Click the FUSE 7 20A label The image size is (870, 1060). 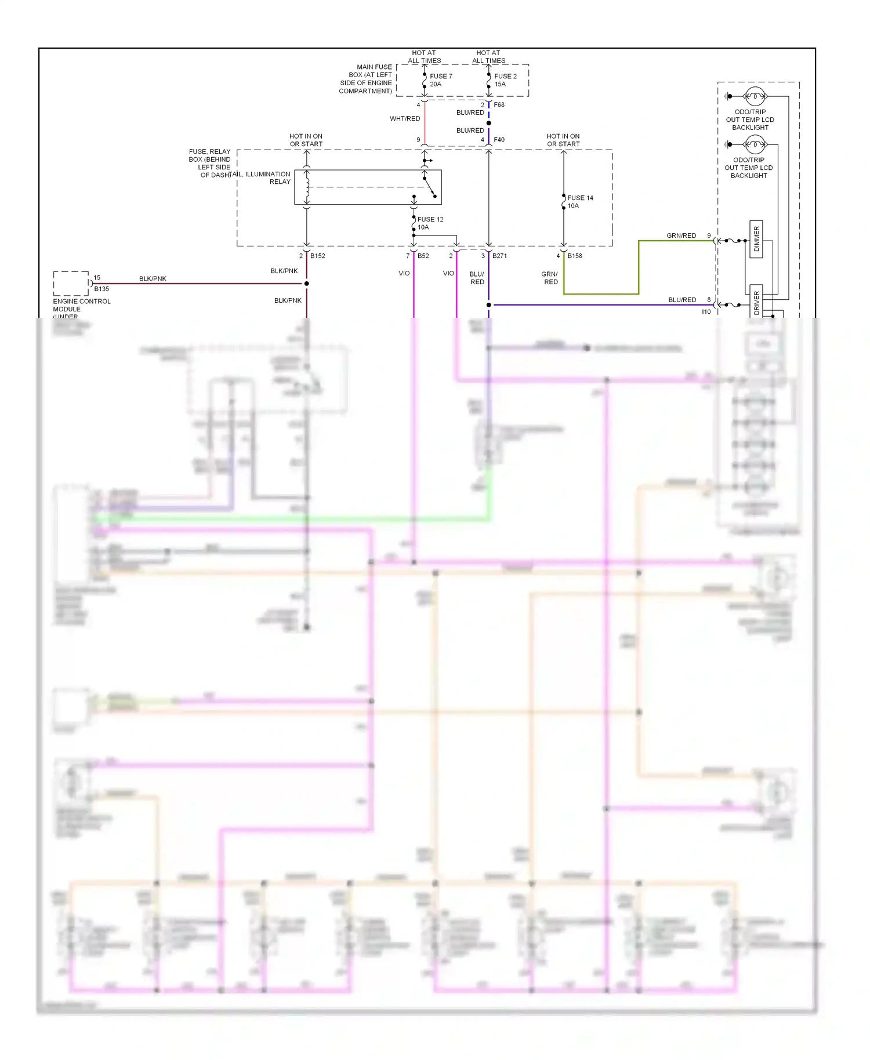point(440,80)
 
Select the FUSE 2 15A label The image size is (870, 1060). point(505,80)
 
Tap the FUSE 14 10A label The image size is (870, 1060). point(579,202)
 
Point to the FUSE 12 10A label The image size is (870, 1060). point(430,223)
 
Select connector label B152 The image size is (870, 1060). point(317,256)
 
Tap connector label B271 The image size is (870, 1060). point(499,256)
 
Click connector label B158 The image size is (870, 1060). point(575,256)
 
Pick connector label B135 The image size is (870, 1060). point(101,289)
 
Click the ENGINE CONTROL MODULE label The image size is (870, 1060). point(81,306)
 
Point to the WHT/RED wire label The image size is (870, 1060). point(405,119)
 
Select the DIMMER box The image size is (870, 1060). point(756,239)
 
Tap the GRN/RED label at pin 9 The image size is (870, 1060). point(681,235)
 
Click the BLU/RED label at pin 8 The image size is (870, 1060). point(681,300)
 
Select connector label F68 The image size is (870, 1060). point(499,105)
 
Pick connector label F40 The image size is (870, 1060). point(499,140)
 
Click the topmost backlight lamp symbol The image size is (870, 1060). point(755,96)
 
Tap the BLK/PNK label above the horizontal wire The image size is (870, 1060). point(153,279)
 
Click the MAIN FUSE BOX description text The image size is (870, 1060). point(366,79)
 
